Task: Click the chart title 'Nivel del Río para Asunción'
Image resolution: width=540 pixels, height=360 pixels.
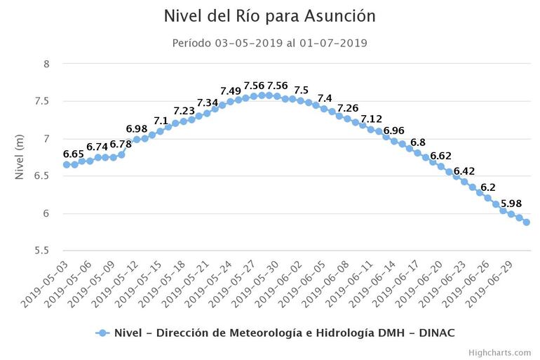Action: pos(270,15)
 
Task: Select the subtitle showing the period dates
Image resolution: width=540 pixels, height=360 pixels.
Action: pos(270,43)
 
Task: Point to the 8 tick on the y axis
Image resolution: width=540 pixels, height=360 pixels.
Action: pos(46,64)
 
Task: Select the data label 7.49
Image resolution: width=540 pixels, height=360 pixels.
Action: pos(231,91)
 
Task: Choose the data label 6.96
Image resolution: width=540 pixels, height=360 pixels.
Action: pos(394,131)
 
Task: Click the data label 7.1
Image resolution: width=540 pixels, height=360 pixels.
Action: pos(161,121)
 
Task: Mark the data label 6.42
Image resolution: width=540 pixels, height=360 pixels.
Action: pos(464,171)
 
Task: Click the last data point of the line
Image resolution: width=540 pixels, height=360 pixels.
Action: pos(527,222)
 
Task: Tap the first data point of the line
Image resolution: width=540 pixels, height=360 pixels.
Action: pos(67,164)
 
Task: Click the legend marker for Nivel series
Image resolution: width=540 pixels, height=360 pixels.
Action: pos(102,333)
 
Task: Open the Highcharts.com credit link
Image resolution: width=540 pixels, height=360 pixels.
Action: pos(501,352)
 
